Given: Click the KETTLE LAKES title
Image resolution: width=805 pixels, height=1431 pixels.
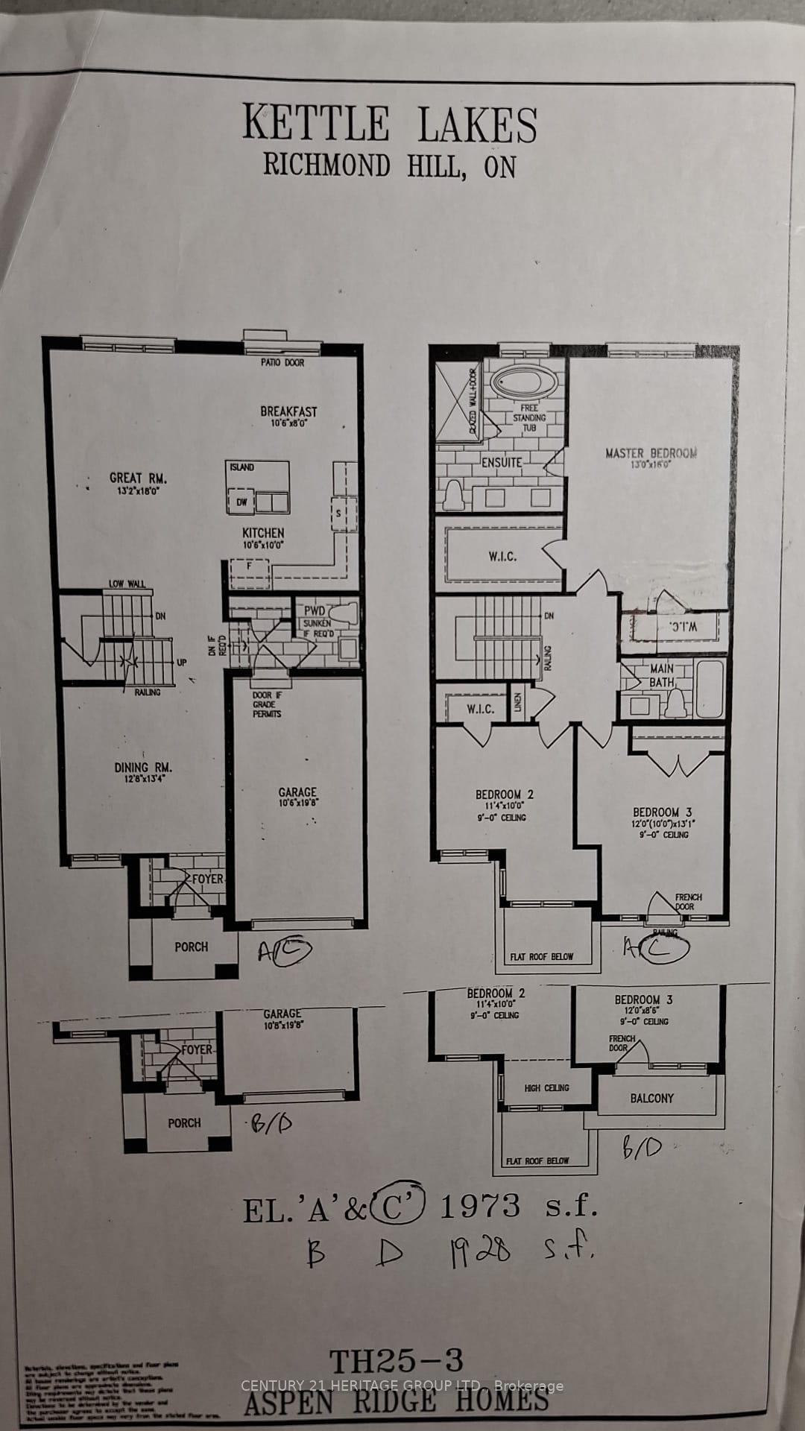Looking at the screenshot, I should tap(390, 124).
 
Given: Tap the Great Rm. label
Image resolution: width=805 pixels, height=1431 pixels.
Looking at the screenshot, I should tap(138, 478).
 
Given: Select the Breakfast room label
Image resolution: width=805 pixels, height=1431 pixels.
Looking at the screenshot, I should tap(288, 411).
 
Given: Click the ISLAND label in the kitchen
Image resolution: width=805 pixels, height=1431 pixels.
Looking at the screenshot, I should tap(241, 467).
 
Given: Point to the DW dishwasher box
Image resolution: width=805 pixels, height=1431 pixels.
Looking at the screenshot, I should tap(241, 502).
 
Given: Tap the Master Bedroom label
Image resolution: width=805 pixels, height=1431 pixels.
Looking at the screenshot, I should tap(651, 453).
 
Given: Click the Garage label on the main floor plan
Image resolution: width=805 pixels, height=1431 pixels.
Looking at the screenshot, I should tap(297, 792).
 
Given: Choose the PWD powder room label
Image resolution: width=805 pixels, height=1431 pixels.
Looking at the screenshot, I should tap(314, 610).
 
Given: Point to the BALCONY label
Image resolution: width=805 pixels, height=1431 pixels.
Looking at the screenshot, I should tap(651, 1098).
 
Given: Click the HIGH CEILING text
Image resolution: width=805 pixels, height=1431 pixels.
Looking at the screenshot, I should tap(546, 1088).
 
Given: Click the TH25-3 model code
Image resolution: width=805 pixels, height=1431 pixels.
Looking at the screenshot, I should tap(396, 1362).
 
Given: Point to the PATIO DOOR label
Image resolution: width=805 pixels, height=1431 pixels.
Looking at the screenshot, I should tap(282, 362).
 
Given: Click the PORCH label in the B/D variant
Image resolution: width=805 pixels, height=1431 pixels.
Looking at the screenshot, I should tap(184, 1122).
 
